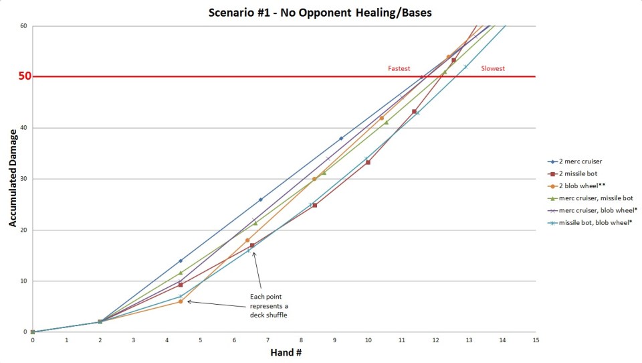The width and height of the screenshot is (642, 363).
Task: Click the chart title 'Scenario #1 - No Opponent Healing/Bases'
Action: click(x=321, y=11)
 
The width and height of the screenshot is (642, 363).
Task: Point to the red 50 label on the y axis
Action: click(x=24, y=76)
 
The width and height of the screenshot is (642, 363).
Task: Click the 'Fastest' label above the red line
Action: click(x=399, y=69)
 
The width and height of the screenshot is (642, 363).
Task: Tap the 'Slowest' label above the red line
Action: click(x=493, y=69)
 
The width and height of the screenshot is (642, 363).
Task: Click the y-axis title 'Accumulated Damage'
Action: click(x=13, y=179)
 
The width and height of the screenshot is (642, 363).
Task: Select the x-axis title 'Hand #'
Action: click(x=284, y=352)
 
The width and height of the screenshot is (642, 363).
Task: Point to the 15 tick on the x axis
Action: click(x=536, y=340)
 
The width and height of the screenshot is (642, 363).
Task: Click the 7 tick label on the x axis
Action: click(x=267, y=340)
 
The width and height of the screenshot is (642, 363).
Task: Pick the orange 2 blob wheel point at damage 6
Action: click(x=181, y=301)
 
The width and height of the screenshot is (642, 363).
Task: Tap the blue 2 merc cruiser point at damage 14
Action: click(x=181, y=261)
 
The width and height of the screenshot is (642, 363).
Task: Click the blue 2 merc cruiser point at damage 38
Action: click(x=341, y=139)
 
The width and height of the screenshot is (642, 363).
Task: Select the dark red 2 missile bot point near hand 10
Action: click(x=368, y=162)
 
